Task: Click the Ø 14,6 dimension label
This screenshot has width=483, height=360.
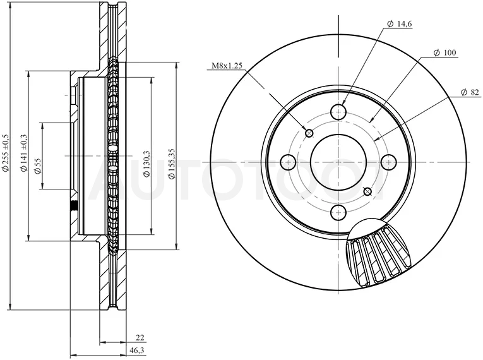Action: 400,24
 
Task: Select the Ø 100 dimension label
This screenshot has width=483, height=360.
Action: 444,52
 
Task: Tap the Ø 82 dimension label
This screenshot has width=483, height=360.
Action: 470,92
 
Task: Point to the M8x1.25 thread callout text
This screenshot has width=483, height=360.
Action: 227,65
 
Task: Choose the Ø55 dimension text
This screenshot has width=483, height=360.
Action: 38,167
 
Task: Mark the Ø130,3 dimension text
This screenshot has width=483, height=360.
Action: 146,164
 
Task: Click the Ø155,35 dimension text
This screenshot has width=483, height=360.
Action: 172,164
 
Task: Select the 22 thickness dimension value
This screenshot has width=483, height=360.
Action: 140,338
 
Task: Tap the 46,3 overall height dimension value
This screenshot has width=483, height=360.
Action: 138,351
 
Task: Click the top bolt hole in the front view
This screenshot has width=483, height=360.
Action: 338,112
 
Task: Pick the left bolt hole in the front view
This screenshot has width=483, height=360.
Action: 289,162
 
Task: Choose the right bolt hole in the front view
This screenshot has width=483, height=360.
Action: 388,162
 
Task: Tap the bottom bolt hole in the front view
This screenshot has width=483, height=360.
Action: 338,212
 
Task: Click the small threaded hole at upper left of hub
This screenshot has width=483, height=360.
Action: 309,133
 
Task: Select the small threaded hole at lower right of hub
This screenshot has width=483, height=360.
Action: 367,192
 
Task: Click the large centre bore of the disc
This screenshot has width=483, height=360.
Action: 338,162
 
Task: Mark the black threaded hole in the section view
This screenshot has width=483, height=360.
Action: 74,206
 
